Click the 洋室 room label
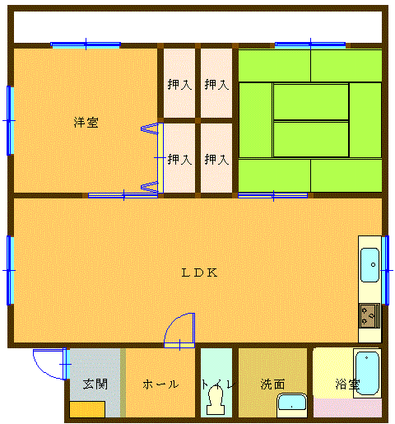[86, 123]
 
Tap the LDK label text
[199, 273]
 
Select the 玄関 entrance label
[95, 384]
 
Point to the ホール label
[160, 384]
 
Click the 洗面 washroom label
[272, 384]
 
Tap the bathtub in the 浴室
[367, 373]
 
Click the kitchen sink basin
[369, 265]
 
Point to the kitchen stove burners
[369, 315]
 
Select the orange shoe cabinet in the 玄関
[87, 409]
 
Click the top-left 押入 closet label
[179, 84]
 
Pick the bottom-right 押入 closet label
[216, 159]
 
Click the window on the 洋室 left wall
[10, 120]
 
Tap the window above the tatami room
[310, 44]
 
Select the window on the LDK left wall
[10, 270]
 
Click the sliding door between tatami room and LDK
[273, 195]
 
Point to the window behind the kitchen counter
[385, 270]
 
